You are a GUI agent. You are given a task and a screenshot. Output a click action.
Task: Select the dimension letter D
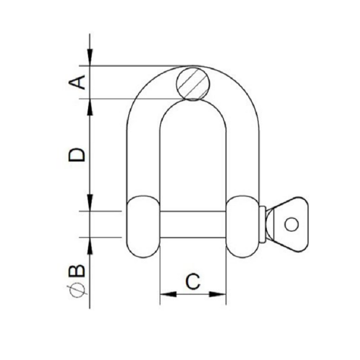click(x=77, y=154)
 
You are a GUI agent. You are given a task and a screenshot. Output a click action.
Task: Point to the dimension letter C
click(x=193, y=282)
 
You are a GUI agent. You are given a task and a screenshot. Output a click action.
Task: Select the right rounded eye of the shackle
click(x=243, y=225)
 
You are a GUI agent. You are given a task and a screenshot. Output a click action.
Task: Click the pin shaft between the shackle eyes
click(x=193, y=225)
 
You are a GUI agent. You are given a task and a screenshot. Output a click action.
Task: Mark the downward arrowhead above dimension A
click(x=90, y=59)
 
